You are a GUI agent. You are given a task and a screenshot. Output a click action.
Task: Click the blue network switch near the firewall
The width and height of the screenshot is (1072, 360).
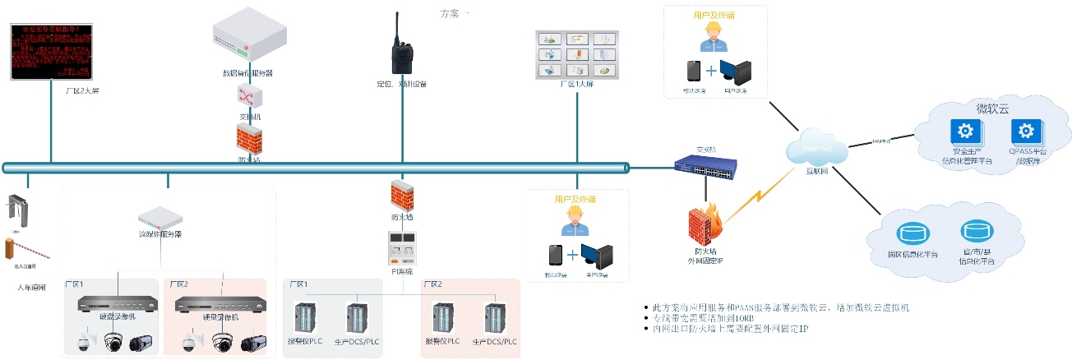pyautogui.click(x=705, y=168)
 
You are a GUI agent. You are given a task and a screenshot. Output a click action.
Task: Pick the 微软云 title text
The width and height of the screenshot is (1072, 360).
pyautogui.click(x=991, y=108)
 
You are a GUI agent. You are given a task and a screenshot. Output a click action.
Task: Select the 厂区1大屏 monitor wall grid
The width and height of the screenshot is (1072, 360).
pyautogui.click(x=576, y=56)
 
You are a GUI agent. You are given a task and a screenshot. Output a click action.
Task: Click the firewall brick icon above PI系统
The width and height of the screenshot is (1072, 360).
pyautogui.click(x=402, y=196)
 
